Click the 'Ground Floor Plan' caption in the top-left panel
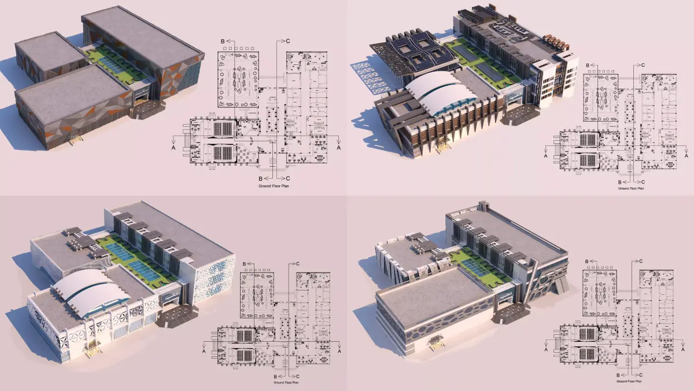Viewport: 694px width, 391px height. pos(274,188)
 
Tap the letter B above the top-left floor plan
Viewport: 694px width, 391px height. pos(223,41)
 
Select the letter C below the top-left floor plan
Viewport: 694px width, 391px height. pos(287,178)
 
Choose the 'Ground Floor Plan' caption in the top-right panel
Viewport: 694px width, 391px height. pos(630,188)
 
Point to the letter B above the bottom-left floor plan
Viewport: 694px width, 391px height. pos(245,264)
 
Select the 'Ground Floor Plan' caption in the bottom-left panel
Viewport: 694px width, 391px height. pos(287,382)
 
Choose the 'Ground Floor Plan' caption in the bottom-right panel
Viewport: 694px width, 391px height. pos(630,382)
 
